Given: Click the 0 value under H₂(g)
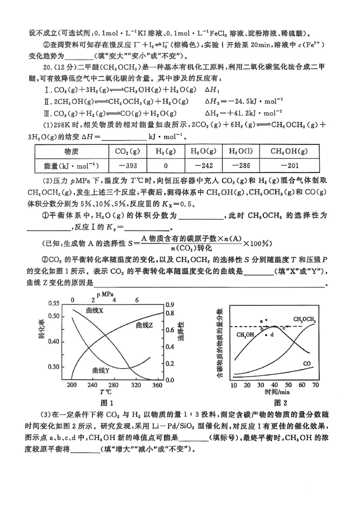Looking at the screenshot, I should pyautogui.click(x=165, y=166).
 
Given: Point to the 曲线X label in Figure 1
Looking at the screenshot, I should pyautogui.click(x=94, y=311).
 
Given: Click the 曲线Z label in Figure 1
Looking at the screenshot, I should pyautogui.click(x=144, y=325).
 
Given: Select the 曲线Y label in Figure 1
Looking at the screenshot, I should pyautogui.click(x=101, y=370).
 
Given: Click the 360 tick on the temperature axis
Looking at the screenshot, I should pyautogui.click(x=157, y=386).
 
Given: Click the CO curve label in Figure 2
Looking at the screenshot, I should pyautogui.click(x=308, y=363).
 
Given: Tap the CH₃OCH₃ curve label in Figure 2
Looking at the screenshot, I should pyautogui.click(x=304, y=320).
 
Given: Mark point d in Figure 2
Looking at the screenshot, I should pyautogui.click(x=272, y=335).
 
